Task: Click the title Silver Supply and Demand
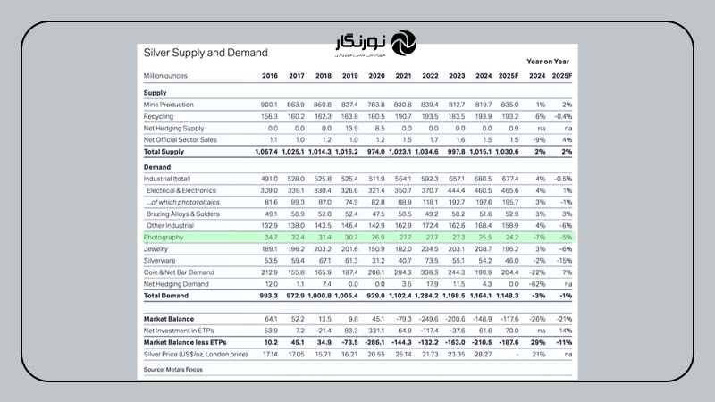[x=199, y=53]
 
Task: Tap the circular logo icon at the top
[x=404, y=42]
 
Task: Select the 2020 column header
[x=377, y=75]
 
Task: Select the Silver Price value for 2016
[x=269, y=355]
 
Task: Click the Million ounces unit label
[x=167, y=75]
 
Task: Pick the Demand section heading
[x=158, y=166]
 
